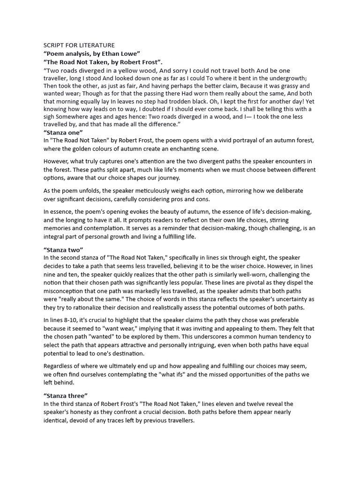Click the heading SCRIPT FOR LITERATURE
point(79,45)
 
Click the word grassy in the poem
point(284,86)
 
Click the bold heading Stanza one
point(63,132)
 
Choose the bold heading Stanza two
point(63,249)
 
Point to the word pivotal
point(225,283)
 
